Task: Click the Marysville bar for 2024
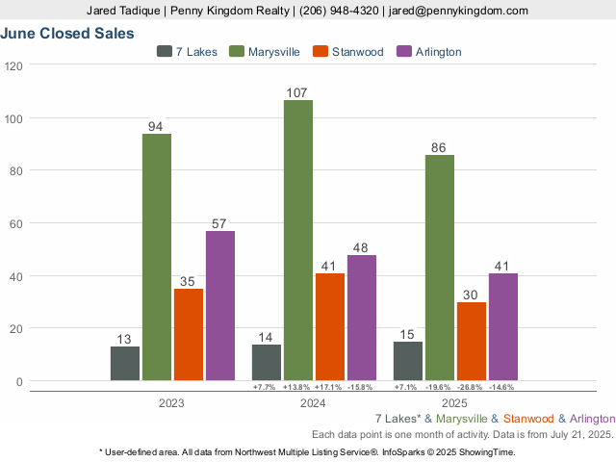297,240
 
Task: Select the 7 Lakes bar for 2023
125,363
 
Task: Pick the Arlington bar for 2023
219,305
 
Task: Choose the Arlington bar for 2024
361,318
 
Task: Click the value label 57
219,224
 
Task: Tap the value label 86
439,148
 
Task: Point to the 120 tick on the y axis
13,66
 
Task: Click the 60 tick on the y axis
16,223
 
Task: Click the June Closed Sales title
67,33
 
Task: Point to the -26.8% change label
471,387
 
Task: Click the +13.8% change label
296,387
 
